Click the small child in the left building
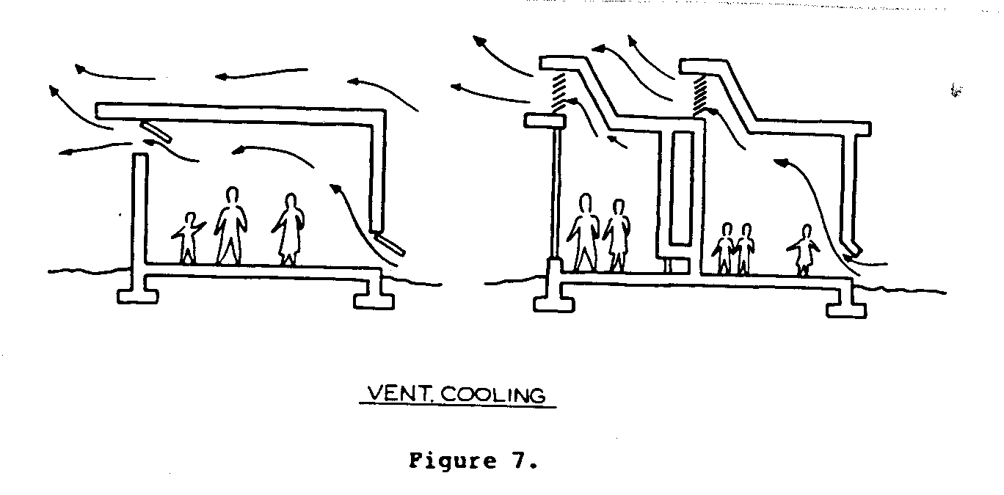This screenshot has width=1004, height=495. click(x=188, y=238)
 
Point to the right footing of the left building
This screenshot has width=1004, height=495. click(x=374, y=298)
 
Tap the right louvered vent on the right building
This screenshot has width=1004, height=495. click(x=699, y=92)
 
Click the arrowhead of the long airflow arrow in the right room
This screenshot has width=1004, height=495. click(x=783, y=162)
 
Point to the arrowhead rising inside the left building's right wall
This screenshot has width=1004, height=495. click(x=335, y=190)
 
